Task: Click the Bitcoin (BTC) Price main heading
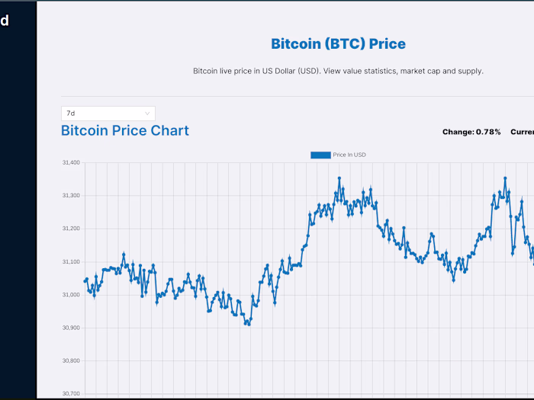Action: pyautogui.click(x=338, y=44)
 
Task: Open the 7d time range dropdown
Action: pyautogui.click(x=108, y=114)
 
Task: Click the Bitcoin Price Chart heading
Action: pyautogui.click(x=125, y=130)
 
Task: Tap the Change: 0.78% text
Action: pyautogui.click(x=471, y=132)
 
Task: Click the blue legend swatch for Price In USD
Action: pyautogui.click(x=320, y=155)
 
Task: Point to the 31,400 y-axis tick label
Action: pyautogui.click(x=71, y=163)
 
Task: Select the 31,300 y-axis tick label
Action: pyautogui.click(x=71, y=196)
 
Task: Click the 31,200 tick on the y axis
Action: pyautogui.click(x=71, y=229)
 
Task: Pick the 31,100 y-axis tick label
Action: pyautogui.click(x=71, y=262)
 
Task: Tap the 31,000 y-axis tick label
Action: pyautogui.click(x=71, y=295)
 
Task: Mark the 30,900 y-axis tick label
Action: pyautogui.click(x=71, y=328)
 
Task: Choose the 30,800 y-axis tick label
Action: pyautogui.click(x=71, y=360)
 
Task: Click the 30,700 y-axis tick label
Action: pyautogui.click(x=71, y=394)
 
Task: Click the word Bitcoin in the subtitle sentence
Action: pyautogui.click(x=204, y=72)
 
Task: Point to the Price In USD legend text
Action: pyautogui.click(x=349, y=155)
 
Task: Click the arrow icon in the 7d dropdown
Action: pyautogui.click(x=147, y=114)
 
